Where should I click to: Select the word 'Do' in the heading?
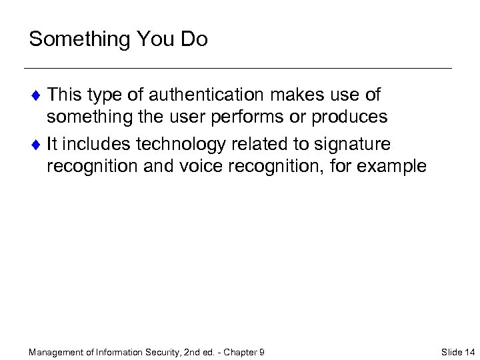tap(193, 39)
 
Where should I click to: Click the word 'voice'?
tap(205, 166)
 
